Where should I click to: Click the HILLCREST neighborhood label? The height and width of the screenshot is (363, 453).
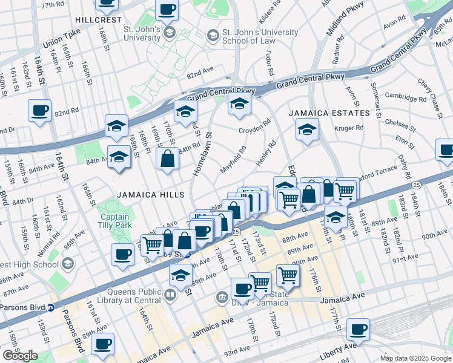pyautogui.click(x=94, y=19)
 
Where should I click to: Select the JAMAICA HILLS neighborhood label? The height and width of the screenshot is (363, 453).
pyautogui.click(x=150, y=194)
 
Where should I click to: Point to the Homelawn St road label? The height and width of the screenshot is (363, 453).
pyautogui.click(x=202, y=155)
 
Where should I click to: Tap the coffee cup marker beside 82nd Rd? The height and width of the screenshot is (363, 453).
pyautogui.click(x=40, y=111)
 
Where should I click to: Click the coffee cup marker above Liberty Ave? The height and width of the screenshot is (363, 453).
pyautogui.click(x=357, y=329)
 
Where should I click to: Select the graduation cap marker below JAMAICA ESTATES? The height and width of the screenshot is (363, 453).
pyautogui.click(x=307, y=129)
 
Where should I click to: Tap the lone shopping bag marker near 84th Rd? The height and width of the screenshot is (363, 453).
pyautogui.click(x=167, y=160)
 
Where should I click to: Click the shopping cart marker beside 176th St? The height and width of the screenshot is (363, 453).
pyautogui.click(x=288, y=275)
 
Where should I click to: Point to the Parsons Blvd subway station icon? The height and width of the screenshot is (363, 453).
pyautogui.click(x=51, y=307)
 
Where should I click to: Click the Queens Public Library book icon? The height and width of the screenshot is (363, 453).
pyautogui.click(x=171, y=296)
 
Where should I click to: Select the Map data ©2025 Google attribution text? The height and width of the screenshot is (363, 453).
pyautogui.click(x=415, y=358)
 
